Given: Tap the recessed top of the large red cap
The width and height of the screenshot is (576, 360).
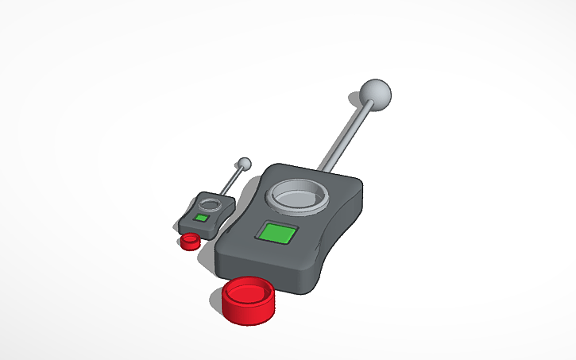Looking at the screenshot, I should click(247, 291).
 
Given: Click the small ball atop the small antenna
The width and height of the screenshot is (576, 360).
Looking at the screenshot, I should click(245, 163).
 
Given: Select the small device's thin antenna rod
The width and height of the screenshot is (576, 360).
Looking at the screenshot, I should click(232, 179).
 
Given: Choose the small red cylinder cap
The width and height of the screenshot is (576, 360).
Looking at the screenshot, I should click(190, 241).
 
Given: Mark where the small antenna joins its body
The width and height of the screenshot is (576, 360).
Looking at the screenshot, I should click(222, 192).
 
